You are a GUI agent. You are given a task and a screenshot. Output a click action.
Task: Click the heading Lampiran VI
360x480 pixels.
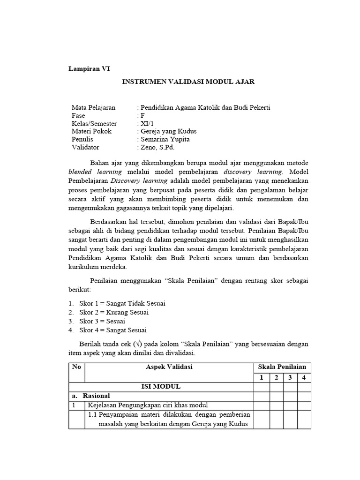[89, 68]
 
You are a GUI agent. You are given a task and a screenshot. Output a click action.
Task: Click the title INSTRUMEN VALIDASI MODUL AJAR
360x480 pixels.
[188, 82]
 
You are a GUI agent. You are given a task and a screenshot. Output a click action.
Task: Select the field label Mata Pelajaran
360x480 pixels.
[93, 108]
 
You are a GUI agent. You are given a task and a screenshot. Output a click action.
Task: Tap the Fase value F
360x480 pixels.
[140, 116]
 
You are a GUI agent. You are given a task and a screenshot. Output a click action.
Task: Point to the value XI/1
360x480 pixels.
[144, 124]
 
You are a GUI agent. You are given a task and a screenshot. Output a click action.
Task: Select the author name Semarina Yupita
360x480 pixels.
[164, 140]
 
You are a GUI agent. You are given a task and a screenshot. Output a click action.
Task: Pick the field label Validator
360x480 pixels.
[85, 148]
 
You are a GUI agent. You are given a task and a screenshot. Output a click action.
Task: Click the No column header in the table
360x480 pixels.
[76, 367]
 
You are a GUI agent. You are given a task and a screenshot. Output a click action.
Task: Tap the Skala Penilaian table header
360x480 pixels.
[282, 367]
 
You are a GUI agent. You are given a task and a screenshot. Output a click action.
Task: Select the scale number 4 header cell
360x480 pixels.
[304, 377]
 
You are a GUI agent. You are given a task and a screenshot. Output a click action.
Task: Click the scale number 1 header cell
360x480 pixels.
[262, 377]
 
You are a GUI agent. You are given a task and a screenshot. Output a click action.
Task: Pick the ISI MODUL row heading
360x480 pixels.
[161, 387]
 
